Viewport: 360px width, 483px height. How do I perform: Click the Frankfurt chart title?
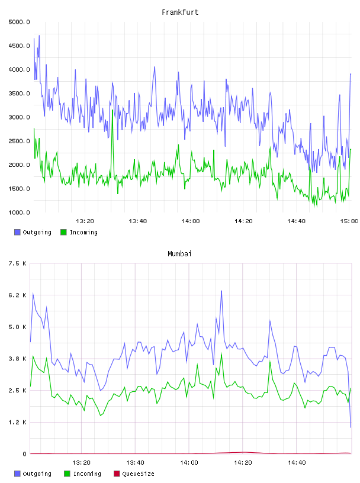(180, 12)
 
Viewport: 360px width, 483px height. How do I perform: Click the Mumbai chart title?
(179, 254)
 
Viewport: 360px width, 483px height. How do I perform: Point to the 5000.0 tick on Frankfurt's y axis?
(20, 22)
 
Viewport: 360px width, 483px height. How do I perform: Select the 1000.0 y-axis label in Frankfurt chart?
(20, 212)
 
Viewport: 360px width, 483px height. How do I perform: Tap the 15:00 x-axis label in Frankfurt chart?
(349, 221)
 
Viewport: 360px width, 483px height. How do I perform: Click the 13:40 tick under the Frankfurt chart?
(138, 221)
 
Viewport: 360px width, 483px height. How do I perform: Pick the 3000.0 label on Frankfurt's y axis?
(20, 117)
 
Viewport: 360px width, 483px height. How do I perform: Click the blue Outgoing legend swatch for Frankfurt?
(17, 232)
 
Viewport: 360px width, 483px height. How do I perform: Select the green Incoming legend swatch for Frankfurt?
(63, 232)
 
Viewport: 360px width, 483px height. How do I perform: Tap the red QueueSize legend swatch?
(117, 474)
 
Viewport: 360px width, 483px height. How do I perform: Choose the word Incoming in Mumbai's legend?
(87, 474)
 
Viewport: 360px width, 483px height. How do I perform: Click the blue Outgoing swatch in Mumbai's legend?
(17, 474)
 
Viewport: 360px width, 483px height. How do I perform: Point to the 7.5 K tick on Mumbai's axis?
(18, 263)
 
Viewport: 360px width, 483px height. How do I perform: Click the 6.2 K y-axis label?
(18, 295)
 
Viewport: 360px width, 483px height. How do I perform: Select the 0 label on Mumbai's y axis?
(25, 454)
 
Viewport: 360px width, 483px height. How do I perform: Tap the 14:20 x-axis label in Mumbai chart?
(243, 463)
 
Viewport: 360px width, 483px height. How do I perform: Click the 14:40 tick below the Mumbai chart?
(297, 463)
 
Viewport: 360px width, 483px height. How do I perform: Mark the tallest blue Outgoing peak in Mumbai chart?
(221, 291)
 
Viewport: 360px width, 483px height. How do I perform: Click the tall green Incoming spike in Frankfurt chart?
(112, 110)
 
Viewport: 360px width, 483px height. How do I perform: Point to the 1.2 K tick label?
(18, 422)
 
